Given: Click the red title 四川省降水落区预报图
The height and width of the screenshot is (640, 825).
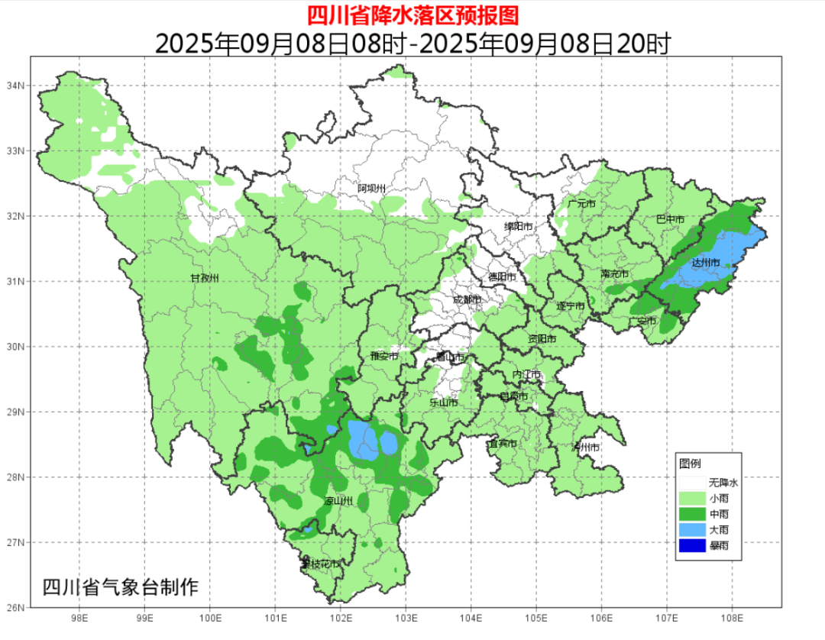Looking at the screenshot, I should tap(412, 15).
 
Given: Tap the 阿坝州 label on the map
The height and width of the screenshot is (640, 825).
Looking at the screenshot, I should tap(372, 188).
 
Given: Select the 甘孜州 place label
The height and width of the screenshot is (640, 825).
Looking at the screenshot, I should tap(205, 278).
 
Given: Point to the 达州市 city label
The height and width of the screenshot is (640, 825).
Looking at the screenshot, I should tap(705, 263).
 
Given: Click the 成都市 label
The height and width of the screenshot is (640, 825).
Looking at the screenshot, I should tap(467, 300).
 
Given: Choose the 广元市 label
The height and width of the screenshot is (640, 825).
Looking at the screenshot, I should tap(581, 205).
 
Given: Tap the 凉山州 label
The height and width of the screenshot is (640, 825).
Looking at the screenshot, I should tap(338, 502).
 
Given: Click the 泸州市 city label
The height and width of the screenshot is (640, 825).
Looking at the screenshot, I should tap(586, 447).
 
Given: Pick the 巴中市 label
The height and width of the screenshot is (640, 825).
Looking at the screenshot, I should tap(670, 219).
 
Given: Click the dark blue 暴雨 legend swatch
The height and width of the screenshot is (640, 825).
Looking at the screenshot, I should tap(691, 545).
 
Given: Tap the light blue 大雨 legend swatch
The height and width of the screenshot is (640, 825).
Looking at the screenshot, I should tap(691, 529).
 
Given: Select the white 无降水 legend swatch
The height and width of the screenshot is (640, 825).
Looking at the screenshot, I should tap(691, 483).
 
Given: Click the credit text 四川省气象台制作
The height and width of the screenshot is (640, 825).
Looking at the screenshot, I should tap(120, 587).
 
